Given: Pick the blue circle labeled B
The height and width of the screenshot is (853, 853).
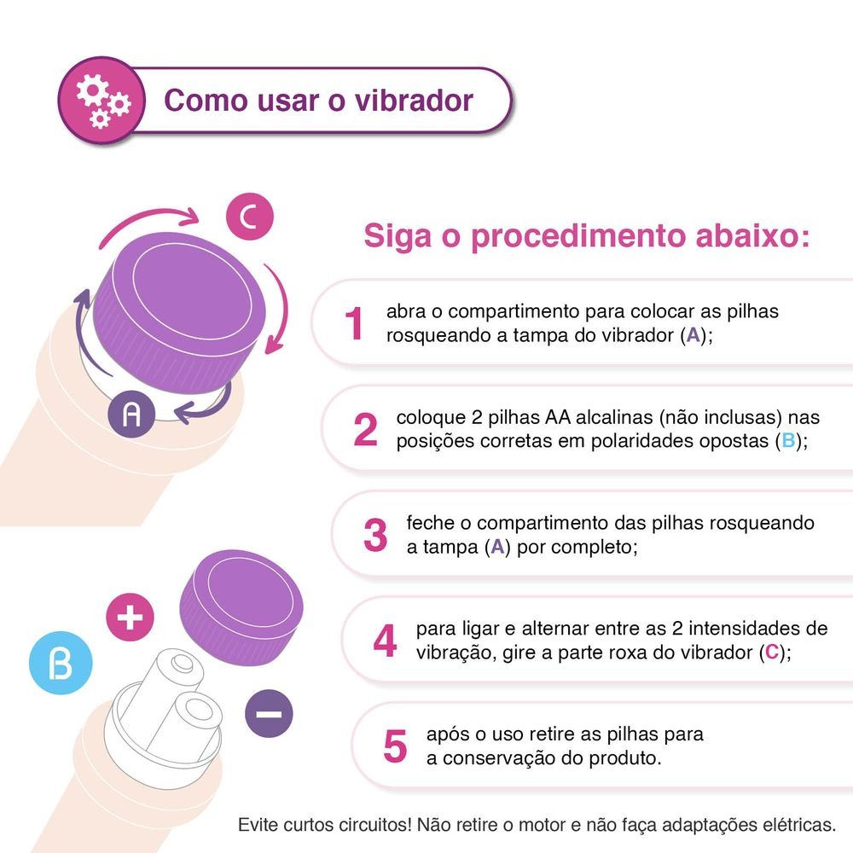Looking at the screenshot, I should tap(61, 664).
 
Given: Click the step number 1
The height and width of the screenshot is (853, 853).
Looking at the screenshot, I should tap(355, 324).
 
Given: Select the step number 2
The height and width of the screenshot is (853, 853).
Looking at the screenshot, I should tap(365, 431).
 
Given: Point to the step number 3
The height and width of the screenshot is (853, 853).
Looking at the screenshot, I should tap(375, 536).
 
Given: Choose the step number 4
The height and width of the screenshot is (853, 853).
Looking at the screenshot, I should tap(386, 641).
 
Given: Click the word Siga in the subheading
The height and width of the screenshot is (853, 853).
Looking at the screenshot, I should tap(395, 235).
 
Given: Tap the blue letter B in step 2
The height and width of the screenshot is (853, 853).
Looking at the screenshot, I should tap(787, 442).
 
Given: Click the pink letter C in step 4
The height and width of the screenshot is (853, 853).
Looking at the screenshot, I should tap(771, 653).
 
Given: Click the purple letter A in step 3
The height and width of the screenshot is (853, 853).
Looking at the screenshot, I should tap(497, 547).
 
